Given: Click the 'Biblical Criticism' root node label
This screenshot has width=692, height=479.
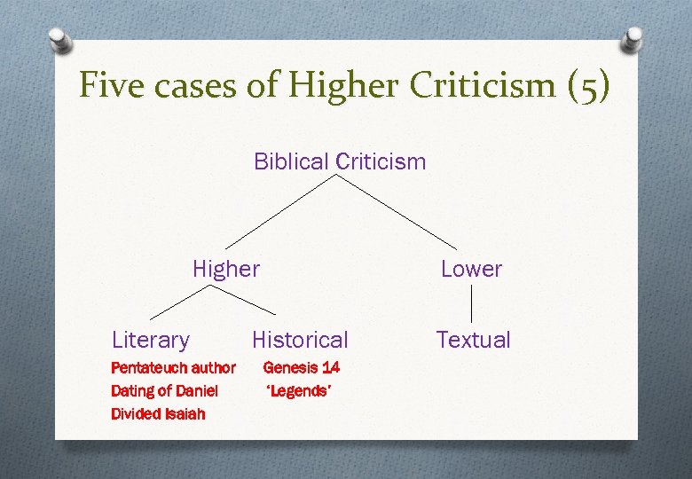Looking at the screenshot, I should [x=340, y=161].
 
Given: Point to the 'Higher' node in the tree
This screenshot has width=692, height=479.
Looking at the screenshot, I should [x=226, y=269].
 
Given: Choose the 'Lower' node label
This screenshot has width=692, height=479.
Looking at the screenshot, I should [x=471, y=269].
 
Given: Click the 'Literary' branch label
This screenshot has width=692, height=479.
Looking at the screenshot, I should [x=151, y=340].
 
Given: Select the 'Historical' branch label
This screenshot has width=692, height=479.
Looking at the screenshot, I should [x=300, y=340].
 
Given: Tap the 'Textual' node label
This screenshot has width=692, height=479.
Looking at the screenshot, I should [x=473, y=340].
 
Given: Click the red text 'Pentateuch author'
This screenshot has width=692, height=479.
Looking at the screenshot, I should [x=173, y=367].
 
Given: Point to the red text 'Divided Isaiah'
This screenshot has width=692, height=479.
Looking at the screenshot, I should [x=158, y=413].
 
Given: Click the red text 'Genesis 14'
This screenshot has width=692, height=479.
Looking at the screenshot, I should [x=302, y=367].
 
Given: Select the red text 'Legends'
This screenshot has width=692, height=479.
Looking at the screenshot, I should [x=299, y=390].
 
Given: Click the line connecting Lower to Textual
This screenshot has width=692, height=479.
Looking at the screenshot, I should [x=471, y=303].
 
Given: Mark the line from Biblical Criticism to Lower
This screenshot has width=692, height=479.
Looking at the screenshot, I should [x=397, y=211].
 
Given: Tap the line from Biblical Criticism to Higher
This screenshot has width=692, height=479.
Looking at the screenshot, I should [x=281, y=211].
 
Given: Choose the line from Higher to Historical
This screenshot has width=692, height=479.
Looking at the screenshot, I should [x=244, y=302].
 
